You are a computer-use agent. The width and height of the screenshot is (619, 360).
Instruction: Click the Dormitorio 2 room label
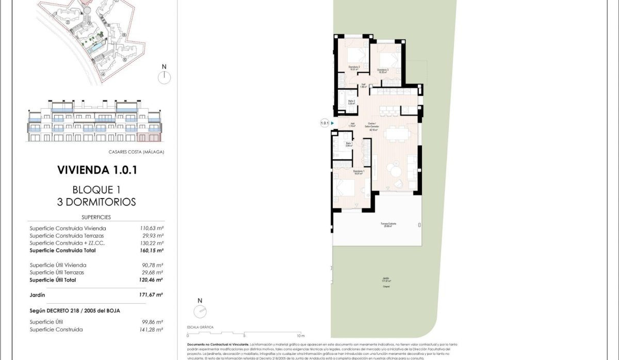tap(354, 68)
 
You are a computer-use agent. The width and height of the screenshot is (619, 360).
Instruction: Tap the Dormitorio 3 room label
tap(382, 71)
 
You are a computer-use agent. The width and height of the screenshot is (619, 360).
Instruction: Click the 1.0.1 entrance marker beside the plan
tap(324, 123)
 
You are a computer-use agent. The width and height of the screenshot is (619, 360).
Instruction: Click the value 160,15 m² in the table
tap(152, 250)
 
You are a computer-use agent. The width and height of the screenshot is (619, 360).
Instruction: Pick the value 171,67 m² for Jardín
tap(152, 294)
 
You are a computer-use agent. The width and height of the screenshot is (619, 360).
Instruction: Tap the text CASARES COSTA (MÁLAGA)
tap(136, 152)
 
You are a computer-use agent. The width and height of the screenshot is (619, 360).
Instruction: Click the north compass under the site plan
tap(164, 77)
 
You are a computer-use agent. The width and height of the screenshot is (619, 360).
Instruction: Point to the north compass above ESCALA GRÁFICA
tap(200, 311)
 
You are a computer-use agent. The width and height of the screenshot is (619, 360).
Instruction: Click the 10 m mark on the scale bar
tap(301, 335)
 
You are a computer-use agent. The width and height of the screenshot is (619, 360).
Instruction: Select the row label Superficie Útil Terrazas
tap(57, 272)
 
